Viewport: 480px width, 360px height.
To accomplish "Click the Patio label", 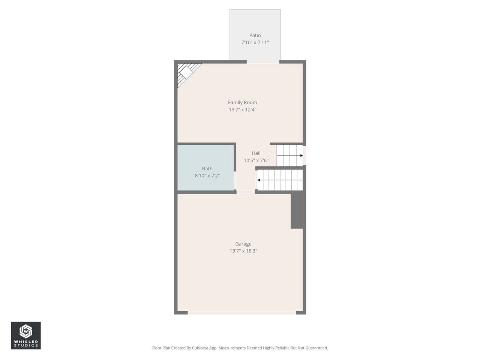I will pyautogui.click(x=255, y=36).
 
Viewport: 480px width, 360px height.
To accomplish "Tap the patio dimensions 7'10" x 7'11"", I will pyautogui.click(x=255, y=43).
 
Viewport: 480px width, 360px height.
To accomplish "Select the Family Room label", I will pyautogui.click(x=243, y=102).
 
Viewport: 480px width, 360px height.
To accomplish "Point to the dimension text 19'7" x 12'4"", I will pyautogui.click(x=243, y=110).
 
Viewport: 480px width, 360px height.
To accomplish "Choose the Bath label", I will pyautogui.click(x=207, y=169).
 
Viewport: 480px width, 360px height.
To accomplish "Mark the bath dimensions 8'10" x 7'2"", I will pyautogui.click(x=207, y=176).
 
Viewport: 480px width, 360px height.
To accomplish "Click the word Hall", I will pyautogui.click(x=256, y=153).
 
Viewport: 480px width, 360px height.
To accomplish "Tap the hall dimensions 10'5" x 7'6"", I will pyautogui.click(x=256, y=160).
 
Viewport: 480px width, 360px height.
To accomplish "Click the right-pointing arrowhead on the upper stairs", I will pyautogui.click(x=301, y=155).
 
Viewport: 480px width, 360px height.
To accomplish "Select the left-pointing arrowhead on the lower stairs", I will pyautogui.click(x=259, y=180).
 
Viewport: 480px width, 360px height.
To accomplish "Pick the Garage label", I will pyautogui.click(x=243, y=244).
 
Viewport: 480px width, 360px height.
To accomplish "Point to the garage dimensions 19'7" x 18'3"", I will pyautogui.click(x=243, y=251).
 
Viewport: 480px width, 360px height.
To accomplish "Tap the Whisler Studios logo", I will pyautogui.click(x=25, y=335).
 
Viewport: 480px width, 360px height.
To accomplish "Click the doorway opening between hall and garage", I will pyautogui.click(x=246, y=192).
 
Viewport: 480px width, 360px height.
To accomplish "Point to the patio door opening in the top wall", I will pyautogui.click(x=263, y=62).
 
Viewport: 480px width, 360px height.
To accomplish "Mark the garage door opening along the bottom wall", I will pyautogui.click(x=242, y=312).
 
